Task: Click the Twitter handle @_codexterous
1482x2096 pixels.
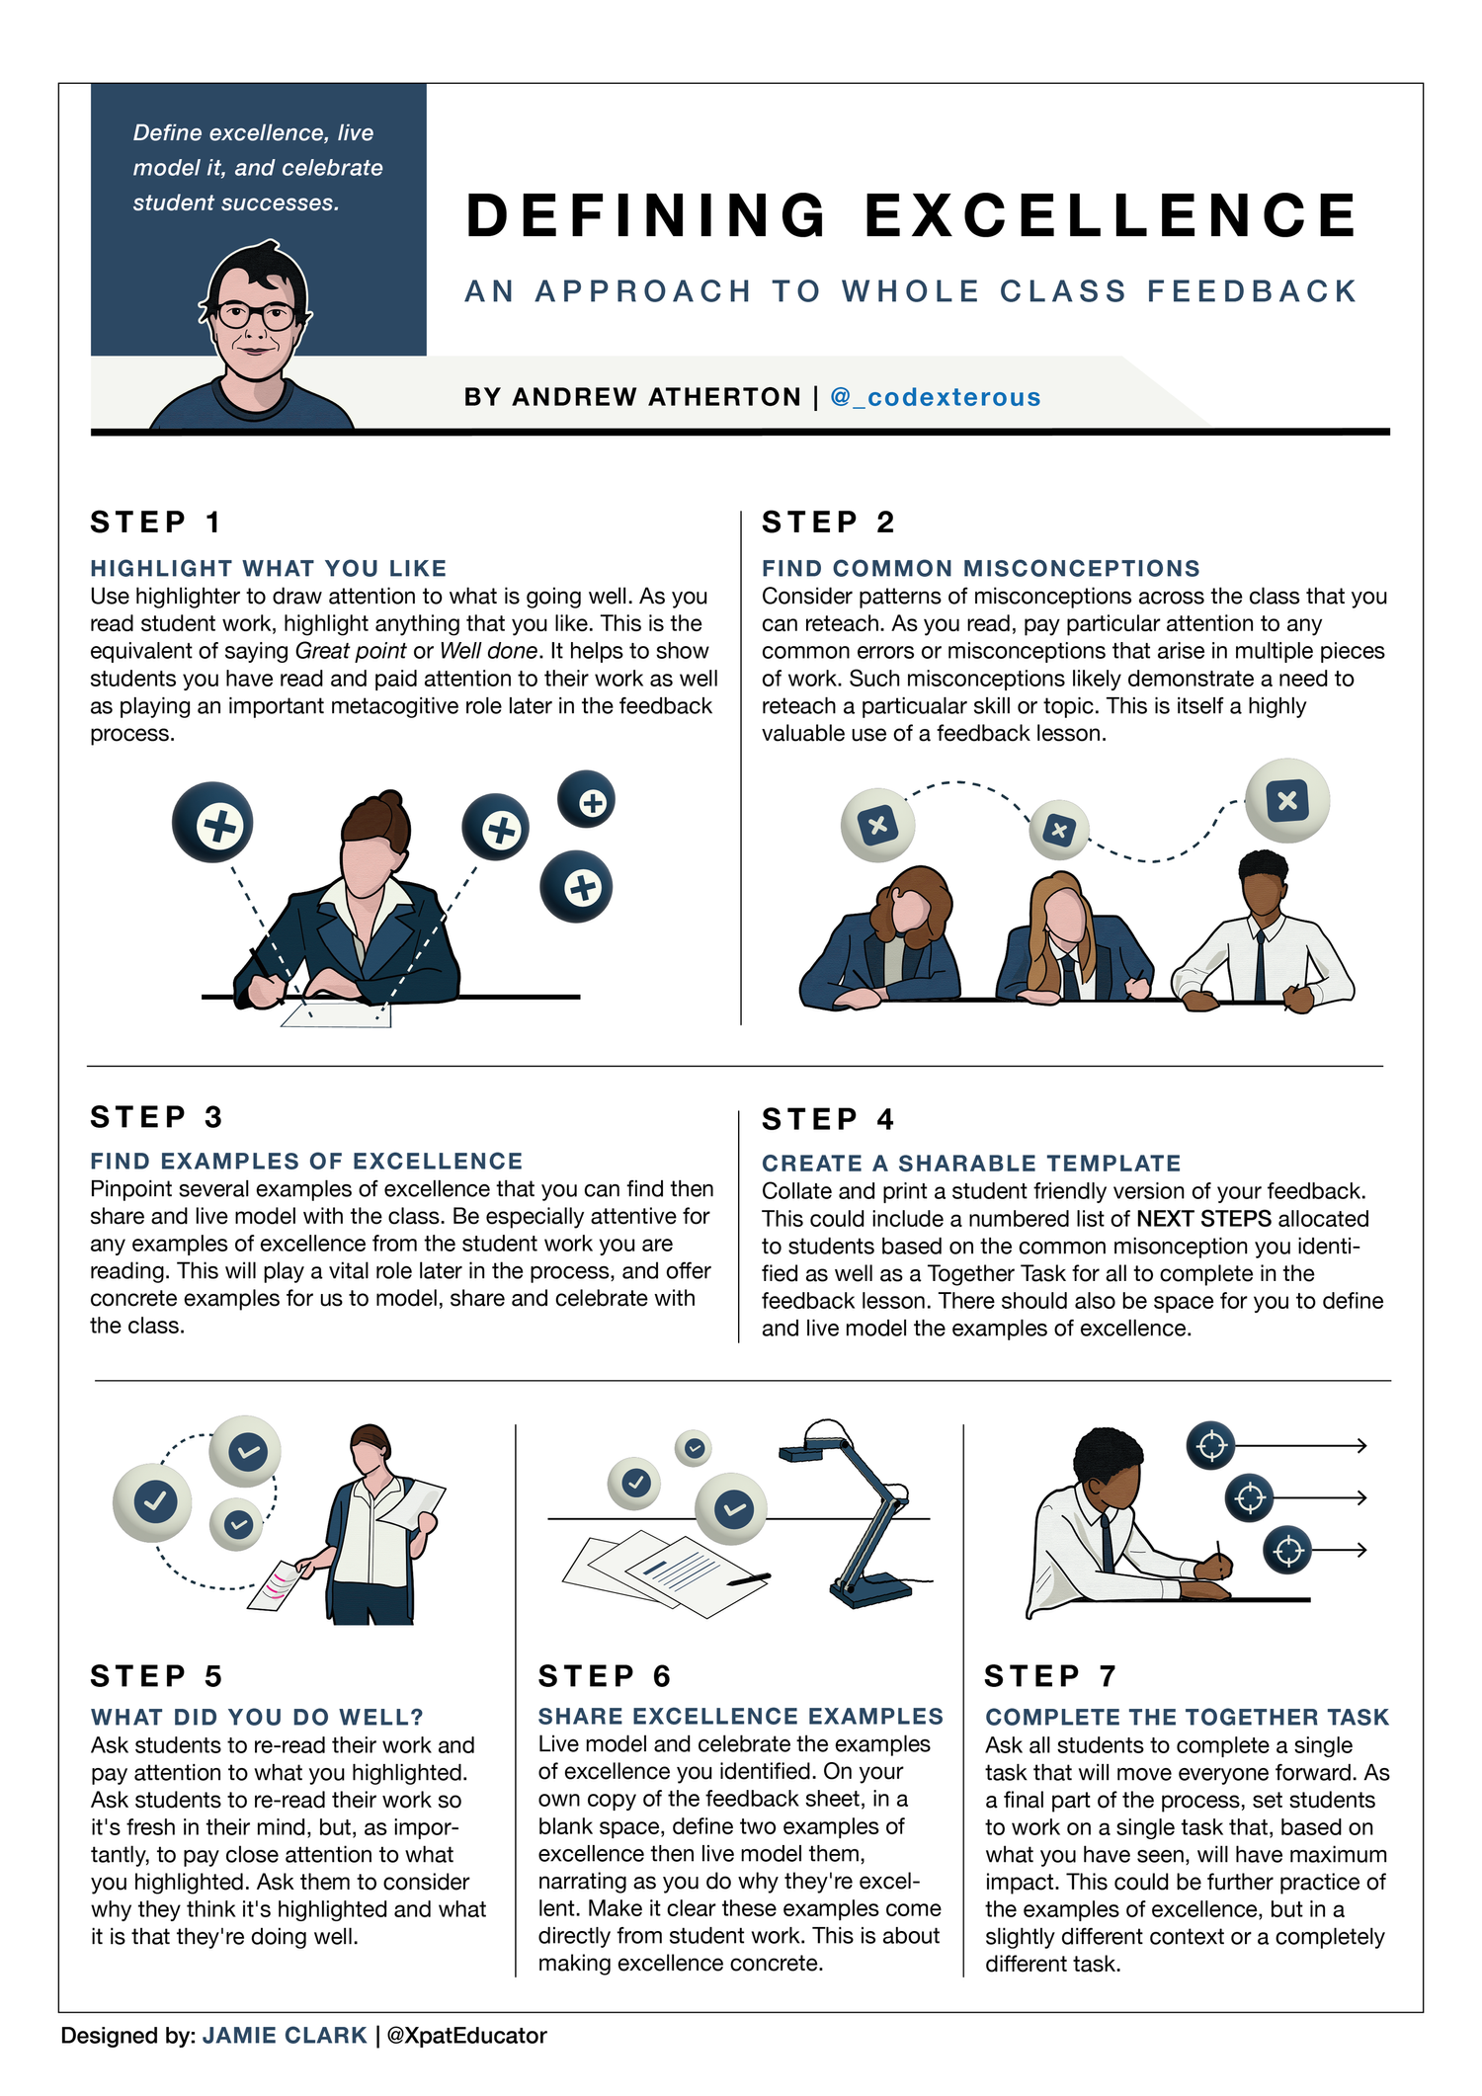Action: pos(935,397)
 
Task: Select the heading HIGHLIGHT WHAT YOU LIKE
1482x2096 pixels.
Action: pos(269,568)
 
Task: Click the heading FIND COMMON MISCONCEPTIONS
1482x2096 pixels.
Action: pos(980,568)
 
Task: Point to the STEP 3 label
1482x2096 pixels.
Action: pos(157,1117)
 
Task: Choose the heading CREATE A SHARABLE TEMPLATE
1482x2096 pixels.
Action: pos(971,1164)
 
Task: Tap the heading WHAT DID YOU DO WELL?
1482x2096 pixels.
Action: pos(257,1717)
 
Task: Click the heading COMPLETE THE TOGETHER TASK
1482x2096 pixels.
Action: pos(1187,1717)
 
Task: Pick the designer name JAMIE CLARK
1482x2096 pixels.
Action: pos(285,2036)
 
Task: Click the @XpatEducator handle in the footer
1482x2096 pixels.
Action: pos(466,2036)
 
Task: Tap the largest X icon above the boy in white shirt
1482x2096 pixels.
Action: pos(1286,800)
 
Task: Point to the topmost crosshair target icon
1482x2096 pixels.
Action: pos(1211,1446)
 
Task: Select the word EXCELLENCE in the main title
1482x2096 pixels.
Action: pos(1111,215)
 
